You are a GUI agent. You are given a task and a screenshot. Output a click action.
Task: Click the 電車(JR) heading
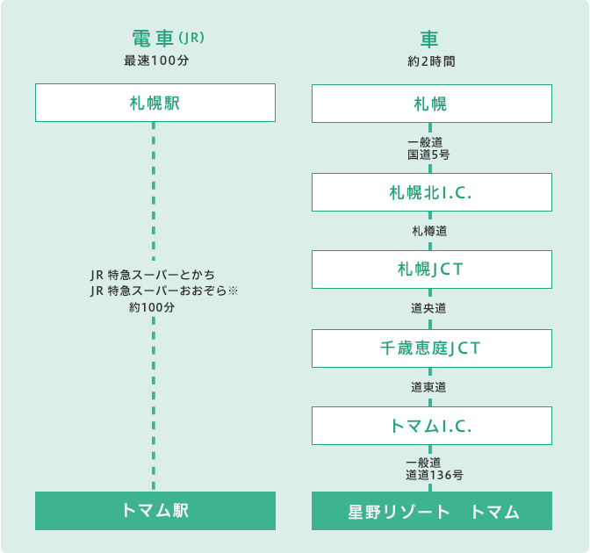(x=167, y=39)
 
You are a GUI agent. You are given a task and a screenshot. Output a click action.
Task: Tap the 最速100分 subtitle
(x=156, y=62)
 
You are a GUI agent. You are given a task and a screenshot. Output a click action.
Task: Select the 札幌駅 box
(x=155, y=103)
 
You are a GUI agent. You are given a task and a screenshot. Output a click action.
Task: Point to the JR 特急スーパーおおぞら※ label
(x=164, y=291)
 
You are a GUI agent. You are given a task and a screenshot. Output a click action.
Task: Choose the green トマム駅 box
(x=155, y=511)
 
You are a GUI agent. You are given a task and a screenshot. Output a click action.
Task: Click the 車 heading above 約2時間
(x=430, y=39)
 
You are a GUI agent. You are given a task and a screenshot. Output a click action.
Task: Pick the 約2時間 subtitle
(x=431, y=62)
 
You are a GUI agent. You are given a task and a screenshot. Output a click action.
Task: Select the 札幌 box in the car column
(x=432, y=103)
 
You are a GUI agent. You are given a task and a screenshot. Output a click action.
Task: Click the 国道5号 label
(x=429, y=154)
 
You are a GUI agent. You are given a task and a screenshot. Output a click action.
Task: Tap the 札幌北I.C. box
(x=432, y=192)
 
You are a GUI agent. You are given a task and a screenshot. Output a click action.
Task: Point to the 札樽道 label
(x=430, y=231)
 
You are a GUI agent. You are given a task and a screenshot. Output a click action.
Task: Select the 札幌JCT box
(x=432, y=269)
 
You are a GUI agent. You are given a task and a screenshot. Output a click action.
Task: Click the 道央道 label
(x=430, y=308)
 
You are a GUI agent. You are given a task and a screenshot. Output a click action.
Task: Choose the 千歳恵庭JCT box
(x=432, y=348)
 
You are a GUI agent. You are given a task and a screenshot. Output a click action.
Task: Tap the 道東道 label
(x=430, y=386)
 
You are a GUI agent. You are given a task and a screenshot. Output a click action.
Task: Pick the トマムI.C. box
(x=432, y=425)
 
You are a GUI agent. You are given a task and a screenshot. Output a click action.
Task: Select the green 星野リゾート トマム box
(x=432, y=511)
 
